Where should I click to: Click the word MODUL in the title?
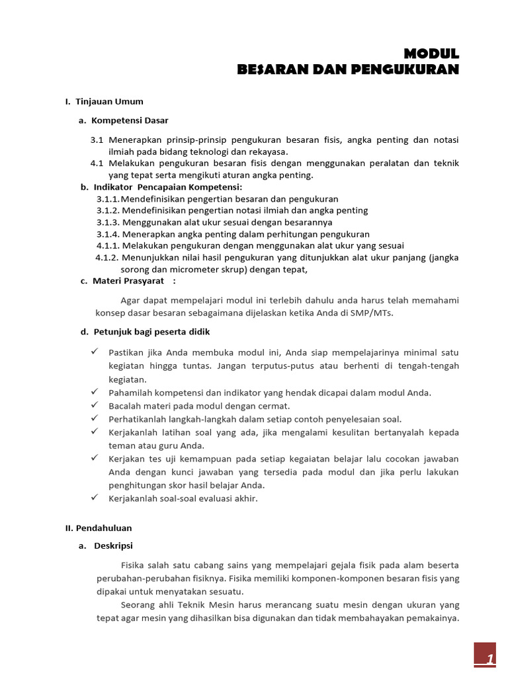431,54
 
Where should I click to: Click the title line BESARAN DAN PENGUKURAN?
348,69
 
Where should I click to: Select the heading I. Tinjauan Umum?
104,102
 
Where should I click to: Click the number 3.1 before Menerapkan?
97,140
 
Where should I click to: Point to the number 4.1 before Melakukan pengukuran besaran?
97,163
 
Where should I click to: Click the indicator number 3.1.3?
108,222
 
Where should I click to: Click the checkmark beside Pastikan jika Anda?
95,351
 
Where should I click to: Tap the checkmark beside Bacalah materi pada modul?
95,405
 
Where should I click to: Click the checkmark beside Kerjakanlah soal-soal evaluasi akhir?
95,497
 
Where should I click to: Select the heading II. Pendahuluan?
99,528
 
